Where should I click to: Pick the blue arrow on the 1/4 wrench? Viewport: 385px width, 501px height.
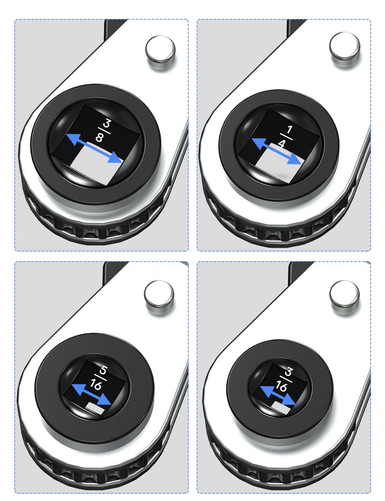(x=277, y=151)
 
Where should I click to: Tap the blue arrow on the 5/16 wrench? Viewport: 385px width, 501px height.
(x=91, y=395)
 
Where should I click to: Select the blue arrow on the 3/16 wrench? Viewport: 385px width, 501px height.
(x=277, y=395)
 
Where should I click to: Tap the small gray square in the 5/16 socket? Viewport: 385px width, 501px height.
(x=95, y=408)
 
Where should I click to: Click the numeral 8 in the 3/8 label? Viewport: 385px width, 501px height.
(x=99, y=138)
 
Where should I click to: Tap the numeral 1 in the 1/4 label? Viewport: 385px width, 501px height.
(x=290, y=130)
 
